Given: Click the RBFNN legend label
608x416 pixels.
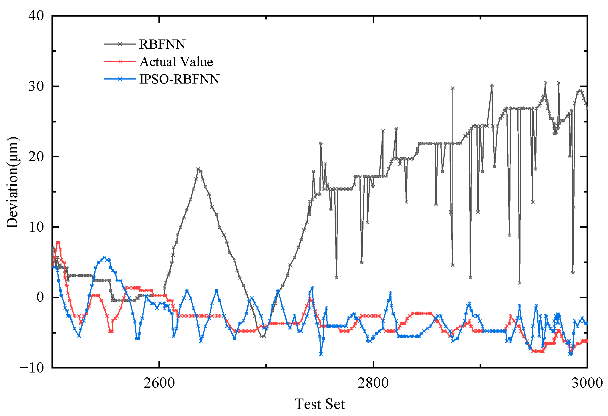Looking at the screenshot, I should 162,44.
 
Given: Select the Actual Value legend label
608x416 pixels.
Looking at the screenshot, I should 176,62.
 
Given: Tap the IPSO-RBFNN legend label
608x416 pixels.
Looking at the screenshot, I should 179,79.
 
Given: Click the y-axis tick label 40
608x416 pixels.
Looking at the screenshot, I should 36,15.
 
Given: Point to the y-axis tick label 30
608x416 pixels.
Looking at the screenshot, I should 36,86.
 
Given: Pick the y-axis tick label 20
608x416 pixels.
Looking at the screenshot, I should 36,157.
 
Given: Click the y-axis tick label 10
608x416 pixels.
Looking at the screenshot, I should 36,227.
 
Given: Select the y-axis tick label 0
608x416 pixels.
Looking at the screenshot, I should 40,298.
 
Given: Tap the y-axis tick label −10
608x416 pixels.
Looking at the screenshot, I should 32,368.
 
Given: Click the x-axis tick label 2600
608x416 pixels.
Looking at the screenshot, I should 159,383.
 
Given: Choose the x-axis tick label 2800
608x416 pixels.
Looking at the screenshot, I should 373,383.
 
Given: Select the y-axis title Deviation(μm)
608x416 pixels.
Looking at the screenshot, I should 13,182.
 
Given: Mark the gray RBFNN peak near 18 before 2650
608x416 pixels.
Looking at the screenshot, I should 198,169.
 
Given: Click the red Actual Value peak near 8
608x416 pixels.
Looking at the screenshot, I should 58,242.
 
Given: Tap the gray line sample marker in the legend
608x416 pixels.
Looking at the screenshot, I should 120,44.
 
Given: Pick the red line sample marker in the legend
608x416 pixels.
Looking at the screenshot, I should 120,62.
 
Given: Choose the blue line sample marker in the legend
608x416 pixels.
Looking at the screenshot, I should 120,79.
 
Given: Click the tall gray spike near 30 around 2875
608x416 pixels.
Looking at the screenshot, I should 453,88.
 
